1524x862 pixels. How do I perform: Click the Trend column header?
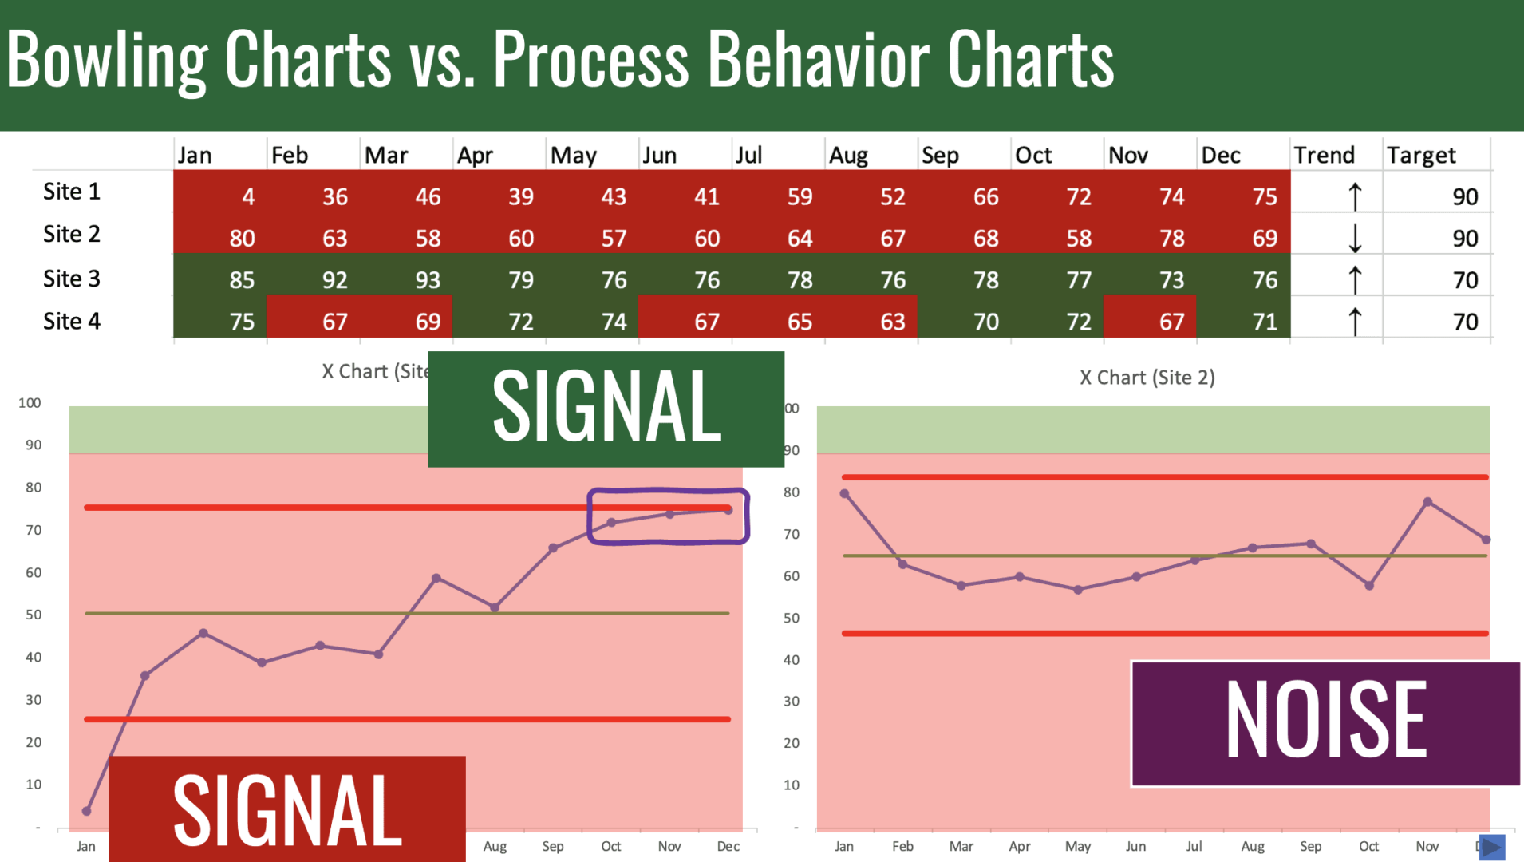[1324, 155]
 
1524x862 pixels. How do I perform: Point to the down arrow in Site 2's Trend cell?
[1354, 238]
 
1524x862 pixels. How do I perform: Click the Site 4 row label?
[72, 321]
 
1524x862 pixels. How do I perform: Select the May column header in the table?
[573, 155]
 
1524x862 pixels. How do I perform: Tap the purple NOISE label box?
[1325, 722]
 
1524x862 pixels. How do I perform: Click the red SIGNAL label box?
[287, 809]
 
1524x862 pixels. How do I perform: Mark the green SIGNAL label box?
[606, 409]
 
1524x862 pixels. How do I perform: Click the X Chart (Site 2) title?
[1147, 378]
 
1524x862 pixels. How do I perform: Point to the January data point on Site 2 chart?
[844, 494]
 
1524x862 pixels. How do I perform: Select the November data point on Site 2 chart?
[1427, 502]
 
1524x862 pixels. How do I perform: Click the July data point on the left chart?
[436, 578]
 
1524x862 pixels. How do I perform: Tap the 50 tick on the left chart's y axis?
[34, 615]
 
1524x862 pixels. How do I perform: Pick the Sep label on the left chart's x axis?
[552, 846]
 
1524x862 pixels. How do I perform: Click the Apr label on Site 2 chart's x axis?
[1019, 846]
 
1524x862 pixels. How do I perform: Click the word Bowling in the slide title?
[107, 59]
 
